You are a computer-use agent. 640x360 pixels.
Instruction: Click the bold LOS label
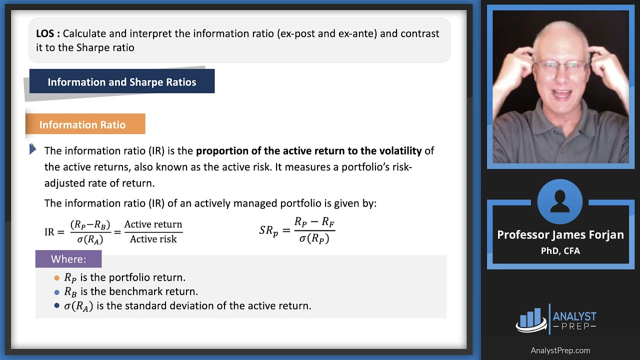coord(48,33)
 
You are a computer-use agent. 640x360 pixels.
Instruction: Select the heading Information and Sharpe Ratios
coord(122,82)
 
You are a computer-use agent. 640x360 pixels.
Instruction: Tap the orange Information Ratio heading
coord(82,124)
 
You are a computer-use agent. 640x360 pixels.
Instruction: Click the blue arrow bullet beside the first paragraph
coord(32,149)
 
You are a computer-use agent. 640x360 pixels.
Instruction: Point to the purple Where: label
coord(68,259)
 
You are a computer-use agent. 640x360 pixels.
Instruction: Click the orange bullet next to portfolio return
coord(56,278)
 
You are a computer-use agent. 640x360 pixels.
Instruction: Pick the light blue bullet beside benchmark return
coord(56,292)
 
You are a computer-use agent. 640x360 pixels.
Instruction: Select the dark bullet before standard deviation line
coord(56,305)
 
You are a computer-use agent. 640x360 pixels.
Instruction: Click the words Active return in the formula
coord(153,224)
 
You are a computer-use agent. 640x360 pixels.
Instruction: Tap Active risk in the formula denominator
coord(153,239)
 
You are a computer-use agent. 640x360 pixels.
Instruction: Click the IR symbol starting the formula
coord(49,232)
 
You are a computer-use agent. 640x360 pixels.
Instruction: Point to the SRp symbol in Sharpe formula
coord(268,230)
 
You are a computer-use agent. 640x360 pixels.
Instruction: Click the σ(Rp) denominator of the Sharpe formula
coord(314,238)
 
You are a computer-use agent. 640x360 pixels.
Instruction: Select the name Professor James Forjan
coord(560,235)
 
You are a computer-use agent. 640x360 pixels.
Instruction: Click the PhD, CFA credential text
coord(560,251)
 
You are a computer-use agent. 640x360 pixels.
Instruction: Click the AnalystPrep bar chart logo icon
coord(531,319)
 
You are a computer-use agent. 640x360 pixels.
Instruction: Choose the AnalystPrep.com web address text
coord(560,350)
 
